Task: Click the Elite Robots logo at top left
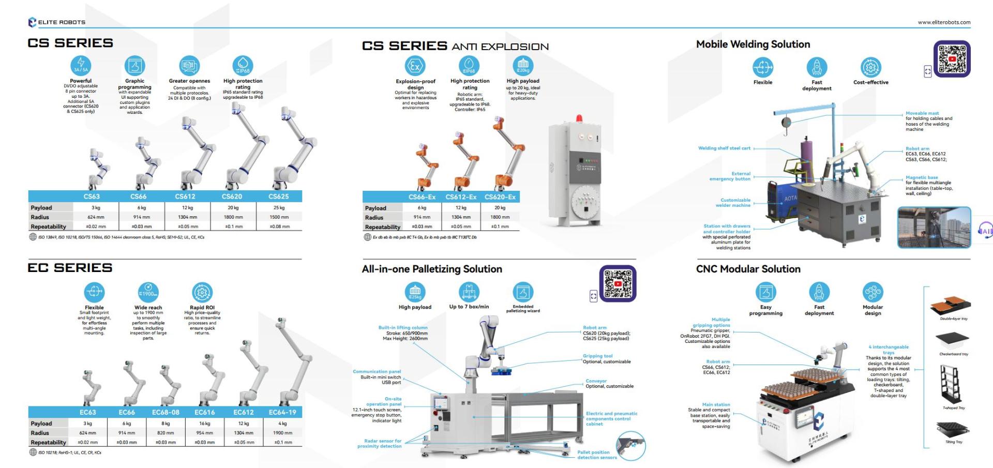pyautogui.click(x=56, y=22)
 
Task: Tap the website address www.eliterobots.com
pyautogui.click(x=944, y=22)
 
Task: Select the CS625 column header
pyautogui.click(x=278, y=197)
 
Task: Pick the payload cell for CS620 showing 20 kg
pyautogui.click(x=233, y=207)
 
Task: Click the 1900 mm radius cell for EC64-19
pyautogui.click(x=282, y=433)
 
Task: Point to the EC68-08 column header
pyautogui.click(x=165, y=412)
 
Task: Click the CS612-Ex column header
pyautogui.click(x=461, y=197)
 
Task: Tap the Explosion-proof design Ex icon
pyautogui.click(x=415, y=66)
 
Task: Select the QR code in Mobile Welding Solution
pyautogui.click(x=952, y=59)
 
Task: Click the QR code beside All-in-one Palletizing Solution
pyautogui.click(x=618, y=283)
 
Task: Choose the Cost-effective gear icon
pyautogui.click(x=871, y=67)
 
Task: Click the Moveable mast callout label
pyautogui.click(x=922, y=113)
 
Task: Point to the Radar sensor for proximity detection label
pyautogui.click(x=380, y=443)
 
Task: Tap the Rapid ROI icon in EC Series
pyautogui.click(x=202, y=292)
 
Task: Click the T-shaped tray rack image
pyautogui.click(x=951, y=384)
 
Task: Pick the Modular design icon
pyautogui.click(x=872, y=292)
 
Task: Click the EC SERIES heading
pyautogui.click(x=70, y=268)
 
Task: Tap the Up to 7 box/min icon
pyautogui.click(x=469, y=292)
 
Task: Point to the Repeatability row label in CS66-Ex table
pyautogui.click(x=383, y=227)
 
